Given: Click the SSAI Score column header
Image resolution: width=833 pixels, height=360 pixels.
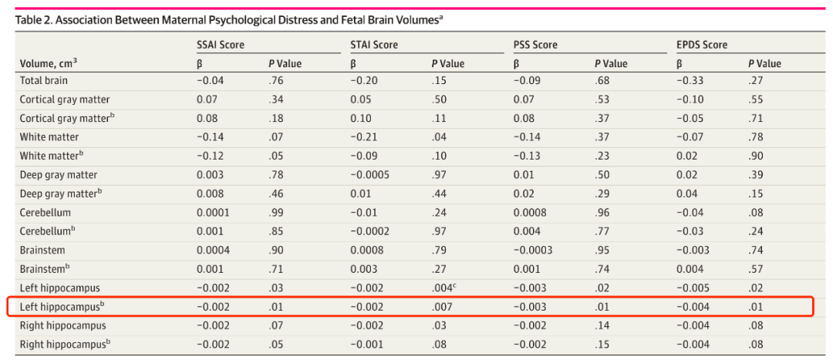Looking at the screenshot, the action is [221, 45].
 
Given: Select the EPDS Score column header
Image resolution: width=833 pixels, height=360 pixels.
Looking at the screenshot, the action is [702, 45].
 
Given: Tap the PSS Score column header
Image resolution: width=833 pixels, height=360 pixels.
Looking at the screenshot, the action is [536, 45].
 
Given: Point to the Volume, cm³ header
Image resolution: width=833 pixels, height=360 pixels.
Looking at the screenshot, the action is [49, 64].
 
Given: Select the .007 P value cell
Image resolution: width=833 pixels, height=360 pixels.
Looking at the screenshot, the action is [441, 307].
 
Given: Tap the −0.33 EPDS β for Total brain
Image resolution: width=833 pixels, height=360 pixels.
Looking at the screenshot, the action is [689, 82].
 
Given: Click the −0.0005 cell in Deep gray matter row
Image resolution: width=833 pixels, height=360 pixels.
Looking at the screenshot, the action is [371, 174].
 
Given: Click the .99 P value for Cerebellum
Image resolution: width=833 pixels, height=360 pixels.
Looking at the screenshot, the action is [275, 213].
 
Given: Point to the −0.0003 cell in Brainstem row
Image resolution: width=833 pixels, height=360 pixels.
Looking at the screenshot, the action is [535, 250].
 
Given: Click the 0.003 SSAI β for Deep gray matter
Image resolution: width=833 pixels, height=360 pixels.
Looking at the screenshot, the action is [209, 174].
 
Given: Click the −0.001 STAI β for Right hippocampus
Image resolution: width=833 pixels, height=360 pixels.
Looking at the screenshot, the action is [366, 344].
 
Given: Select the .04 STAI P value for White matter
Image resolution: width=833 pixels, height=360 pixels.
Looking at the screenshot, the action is [439, 137].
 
